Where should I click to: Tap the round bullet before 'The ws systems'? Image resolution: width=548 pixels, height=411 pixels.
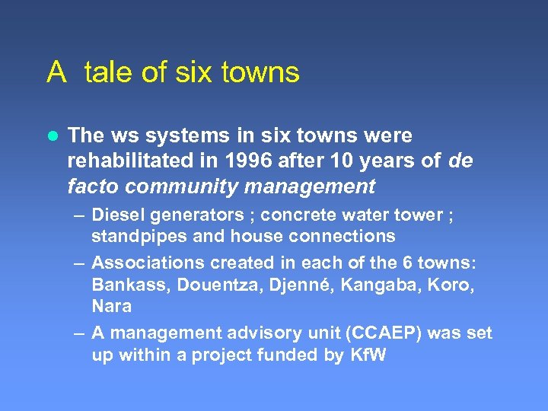(x=52, y=135)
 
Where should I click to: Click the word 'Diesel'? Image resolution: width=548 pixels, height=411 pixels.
(x=117, y=215)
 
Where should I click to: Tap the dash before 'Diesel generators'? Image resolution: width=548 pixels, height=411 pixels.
(x=79, y=216)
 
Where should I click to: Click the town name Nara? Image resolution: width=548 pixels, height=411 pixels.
(x=111, y=306)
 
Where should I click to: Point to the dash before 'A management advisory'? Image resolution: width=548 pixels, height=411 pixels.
(x=79, y=333)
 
